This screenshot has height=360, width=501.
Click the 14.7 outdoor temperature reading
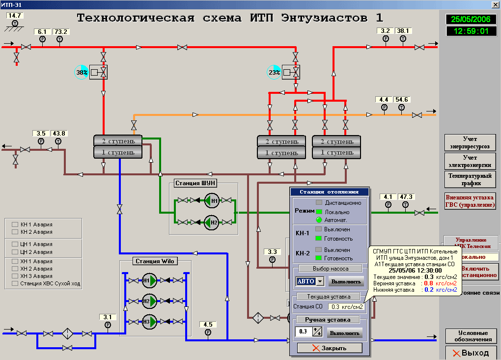tap(15, 16)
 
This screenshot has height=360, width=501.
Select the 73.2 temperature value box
tap(61, 32)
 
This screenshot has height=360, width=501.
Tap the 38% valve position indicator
tap(82, 73)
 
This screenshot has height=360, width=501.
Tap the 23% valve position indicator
tap(274, 73)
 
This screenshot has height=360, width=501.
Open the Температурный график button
tap(470, 179)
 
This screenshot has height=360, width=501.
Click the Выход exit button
tap(470, 353)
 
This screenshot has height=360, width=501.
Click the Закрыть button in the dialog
tap(330, 348)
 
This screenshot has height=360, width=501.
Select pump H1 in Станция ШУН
tap(211, 200)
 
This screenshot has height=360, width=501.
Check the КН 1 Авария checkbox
tap(15, 224)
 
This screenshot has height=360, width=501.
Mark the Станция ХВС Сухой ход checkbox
tap(15, 283)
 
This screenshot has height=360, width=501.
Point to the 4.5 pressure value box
tap(207, 325)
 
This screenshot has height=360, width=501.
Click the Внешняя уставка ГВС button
tap(470, 201)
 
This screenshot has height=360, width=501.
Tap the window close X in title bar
tap(495, 4)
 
